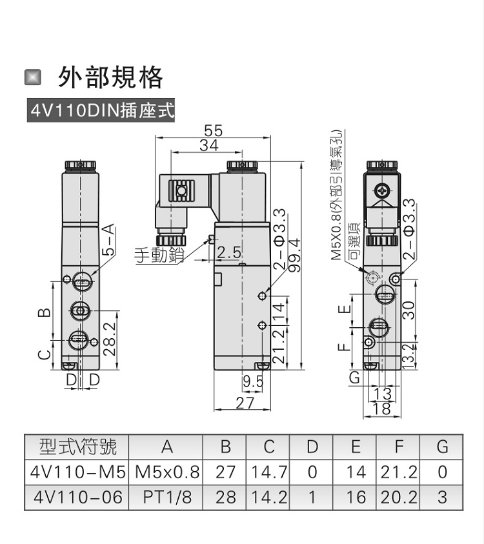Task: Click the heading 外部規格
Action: (110, 77)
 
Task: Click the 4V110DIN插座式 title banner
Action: (101, 110)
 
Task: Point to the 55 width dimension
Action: (213, 131)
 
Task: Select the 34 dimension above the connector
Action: (209, 145)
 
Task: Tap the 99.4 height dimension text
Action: (294, 255)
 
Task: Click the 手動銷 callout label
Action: (159, 255)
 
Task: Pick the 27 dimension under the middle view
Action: (245, 403)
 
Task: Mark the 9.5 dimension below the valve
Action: (253, 381)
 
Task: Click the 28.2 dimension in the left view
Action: (109, 339)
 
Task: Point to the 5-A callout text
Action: (108, 240)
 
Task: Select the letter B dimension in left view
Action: (44, 312)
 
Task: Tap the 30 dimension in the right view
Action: (408, 310)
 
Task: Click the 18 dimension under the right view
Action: (381, 409)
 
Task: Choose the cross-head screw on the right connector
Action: (382, 190)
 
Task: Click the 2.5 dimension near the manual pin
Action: (228, 252)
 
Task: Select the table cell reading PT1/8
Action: (167, 497)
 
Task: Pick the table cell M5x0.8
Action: (167, 472)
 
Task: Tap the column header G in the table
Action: (441, 447)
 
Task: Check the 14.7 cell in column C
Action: (269, 472)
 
